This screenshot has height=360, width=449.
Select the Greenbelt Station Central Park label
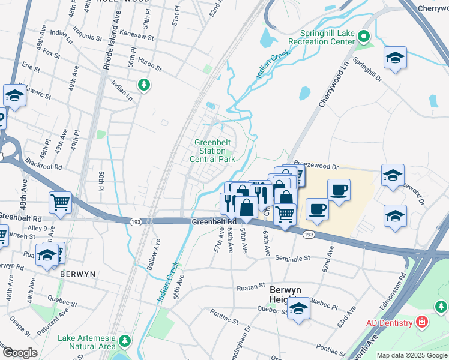[212, 151]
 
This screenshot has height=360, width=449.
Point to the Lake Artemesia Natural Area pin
[125, 341]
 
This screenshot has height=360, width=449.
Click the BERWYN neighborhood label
[78, 274]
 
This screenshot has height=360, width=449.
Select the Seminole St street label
[292, 258]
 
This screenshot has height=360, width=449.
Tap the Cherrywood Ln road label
[333, 89]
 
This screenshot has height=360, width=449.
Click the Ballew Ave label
[157, 255]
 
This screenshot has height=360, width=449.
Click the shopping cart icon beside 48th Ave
[61, 203]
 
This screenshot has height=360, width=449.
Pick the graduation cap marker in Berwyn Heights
[298, 309]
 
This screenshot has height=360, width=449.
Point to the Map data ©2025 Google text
[411, 355]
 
